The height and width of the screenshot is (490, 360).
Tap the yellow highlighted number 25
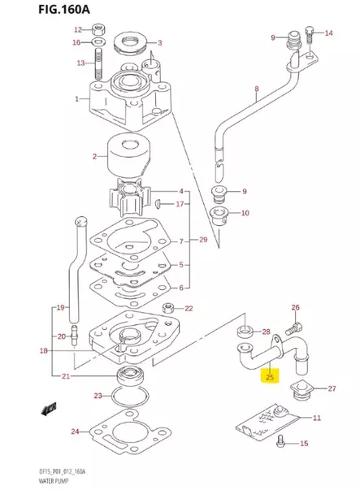pos(269,376)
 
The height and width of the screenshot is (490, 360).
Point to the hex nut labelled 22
pos(167,308)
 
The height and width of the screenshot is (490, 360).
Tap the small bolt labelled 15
pos(280,443)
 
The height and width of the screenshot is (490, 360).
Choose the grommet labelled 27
pos(302,390)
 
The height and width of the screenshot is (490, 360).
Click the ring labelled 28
pos(243,332)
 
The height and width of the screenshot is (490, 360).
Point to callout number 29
pos(203,241)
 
